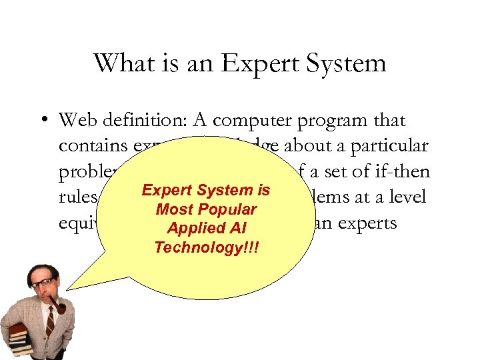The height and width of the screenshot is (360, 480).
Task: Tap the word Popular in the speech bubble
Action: coord(225,209)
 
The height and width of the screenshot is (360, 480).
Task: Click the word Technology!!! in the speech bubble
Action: coord(206,247)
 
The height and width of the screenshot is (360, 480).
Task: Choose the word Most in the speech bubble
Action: coord(173,209)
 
